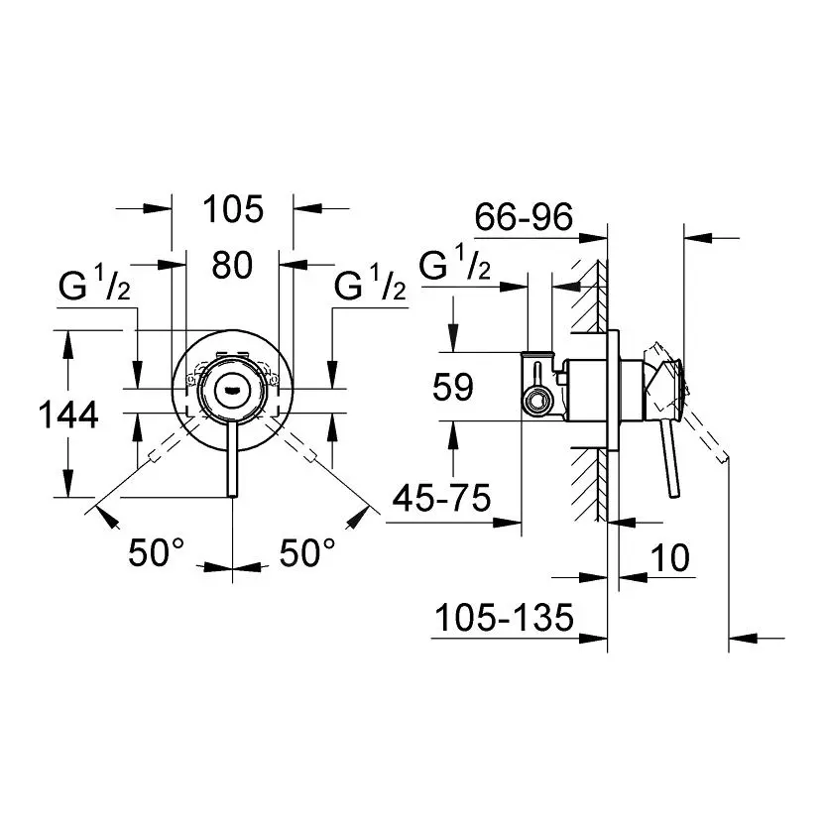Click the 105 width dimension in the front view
[x=233, y=209]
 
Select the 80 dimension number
[x=232, y=265]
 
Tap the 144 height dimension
[x=68, y=415]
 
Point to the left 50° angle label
[x=157, y=552]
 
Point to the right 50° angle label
[x=307, y=552]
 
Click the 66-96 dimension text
[x=524, y=216]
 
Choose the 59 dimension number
[x=452, y=387]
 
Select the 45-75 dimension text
[x=441, y=498]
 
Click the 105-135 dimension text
[x=504, y=617]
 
